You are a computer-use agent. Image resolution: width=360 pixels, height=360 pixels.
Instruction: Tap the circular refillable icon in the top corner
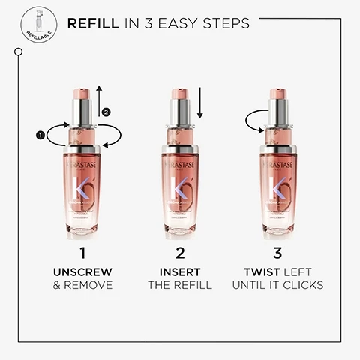38,25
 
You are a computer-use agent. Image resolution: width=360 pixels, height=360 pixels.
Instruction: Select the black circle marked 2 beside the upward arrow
106,112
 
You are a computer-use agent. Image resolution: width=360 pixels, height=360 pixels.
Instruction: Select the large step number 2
180,253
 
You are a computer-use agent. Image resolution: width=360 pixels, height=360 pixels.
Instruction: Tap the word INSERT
180,271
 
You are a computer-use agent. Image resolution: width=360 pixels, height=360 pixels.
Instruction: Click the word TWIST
258,271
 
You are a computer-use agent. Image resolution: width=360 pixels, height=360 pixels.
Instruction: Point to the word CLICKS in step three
301,285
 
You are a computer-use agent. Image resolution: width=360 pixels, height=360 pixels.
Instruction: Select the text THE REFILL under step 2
180,285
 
